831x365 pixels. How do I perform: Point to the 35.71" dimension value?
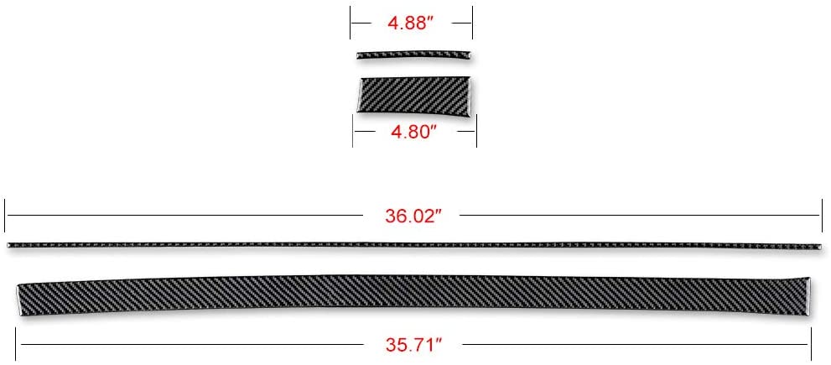tap(414, 343)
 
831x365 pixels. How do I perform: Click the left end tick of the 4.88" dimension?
tap(351, 23)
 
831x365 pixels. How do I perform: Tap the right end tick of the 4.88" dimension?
tap(472, 23)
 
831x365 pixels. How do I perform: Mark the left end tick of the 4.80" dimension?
tap(354, 132)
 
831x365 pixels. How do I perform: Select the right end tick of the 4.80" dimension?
tap(476, 132)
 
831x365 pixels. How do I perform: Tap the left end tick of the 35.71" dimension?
tap(18, 343)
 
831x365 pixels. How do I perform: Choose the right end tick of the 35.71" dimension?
tap(811, 343)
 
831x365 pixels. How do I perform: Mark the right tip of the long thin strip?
tap(819, 246)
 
